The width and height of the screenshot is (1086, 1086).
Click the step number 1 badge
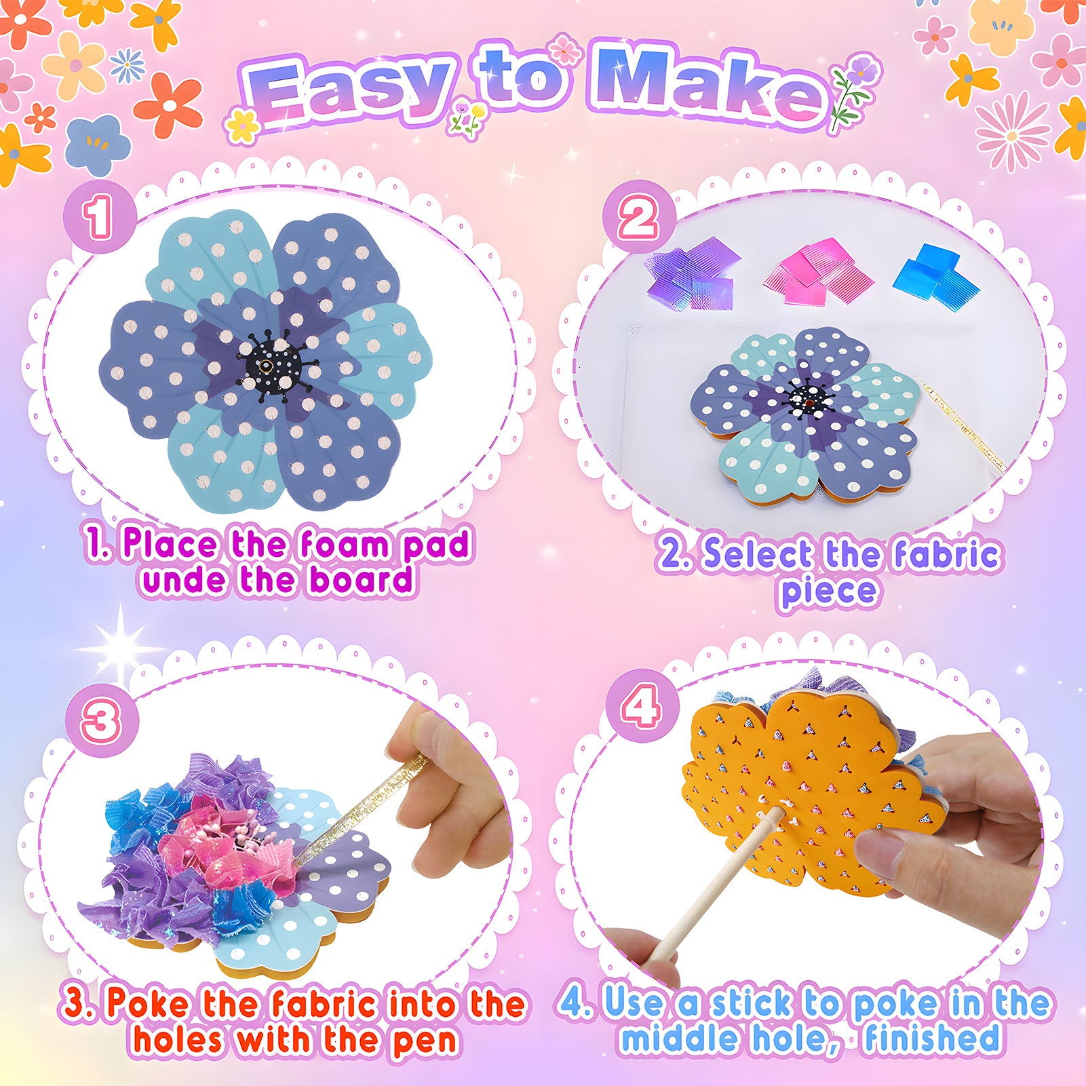[x=100, y=217]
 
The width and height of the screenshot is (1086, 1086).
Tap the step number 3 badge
[x=102, y=721]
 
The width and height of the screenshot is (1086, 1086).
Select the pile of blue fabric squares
[x=936, y=271]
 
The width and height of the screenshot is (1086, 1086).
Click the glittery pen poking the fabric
[x=360, y=808]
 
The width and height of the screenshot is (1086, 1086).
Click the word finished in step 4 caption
[x=932, y=1038]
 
